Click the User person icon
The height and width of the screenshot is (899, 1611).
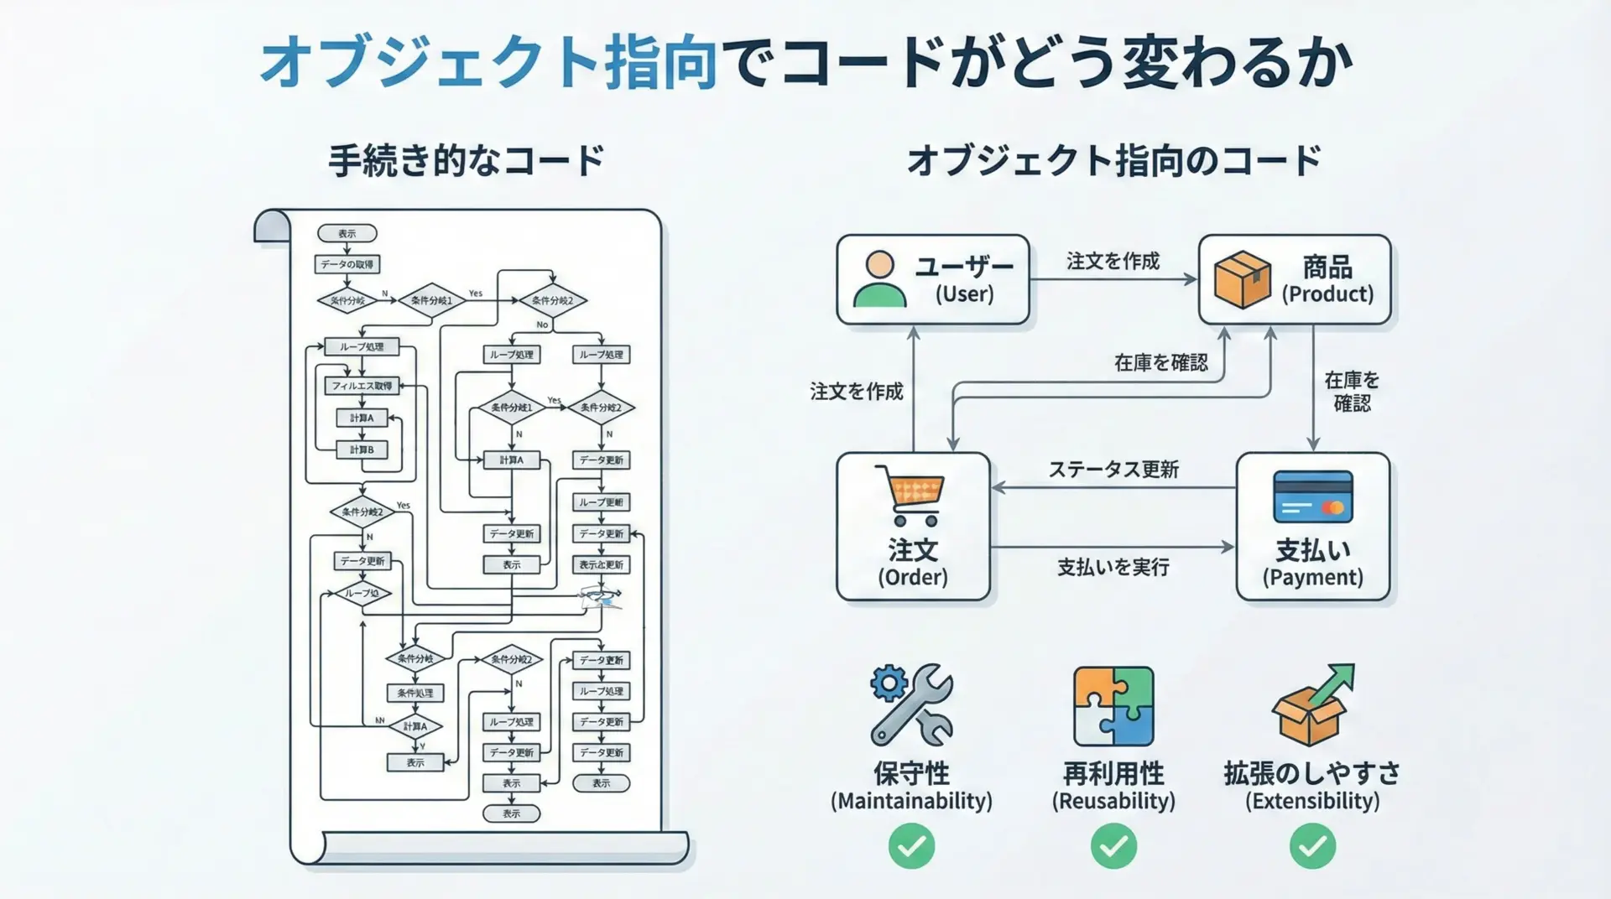click(x=879, y=279)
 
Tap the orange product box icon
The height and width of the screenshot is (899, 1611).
click(x=1242, y=279)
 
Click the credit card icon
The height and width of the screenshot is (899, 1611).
click(x=1313, y=496)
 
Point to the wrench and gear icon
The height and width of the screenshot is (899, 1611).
click(x=910, y=704)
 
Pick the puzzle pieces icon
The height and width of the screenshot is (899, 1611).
click(x=1113, y=706)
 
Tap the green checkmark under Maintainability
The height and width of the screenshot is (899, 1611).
click(x=911, y=846)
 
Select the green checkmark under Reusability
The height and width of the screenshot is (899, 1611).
click(x=1113, y=846)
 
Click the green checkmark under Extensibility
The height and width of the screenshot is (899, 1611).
click(x=1312, y=846)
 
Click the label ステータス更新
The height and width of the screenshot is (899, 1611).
click(x=1113, y=470)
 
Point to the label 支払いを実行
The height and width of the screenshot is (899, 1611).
click(x=1113, y=568)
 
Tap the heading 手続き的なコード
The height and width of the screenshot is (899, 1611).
click(x=467, y=160)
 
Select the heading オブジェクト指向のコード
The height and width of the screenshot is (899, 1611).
click(x=1113, y=160)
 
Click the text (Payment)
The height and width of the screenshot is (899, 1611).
click(x=1312, y=578)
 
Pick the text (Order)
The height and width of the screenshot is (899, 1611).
click(x=913, y=578)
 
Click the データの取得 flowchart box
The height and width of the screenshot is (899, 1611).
click(x=347, y=264)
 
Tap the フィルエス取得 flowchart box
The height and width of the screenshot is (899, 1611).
click(x=362, y=386)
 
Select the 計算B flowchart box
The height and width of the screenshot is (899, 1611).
click(x=362, y=449)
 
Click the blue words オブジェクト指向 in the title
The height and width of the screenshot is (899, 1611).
click(x=489, y=63)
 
